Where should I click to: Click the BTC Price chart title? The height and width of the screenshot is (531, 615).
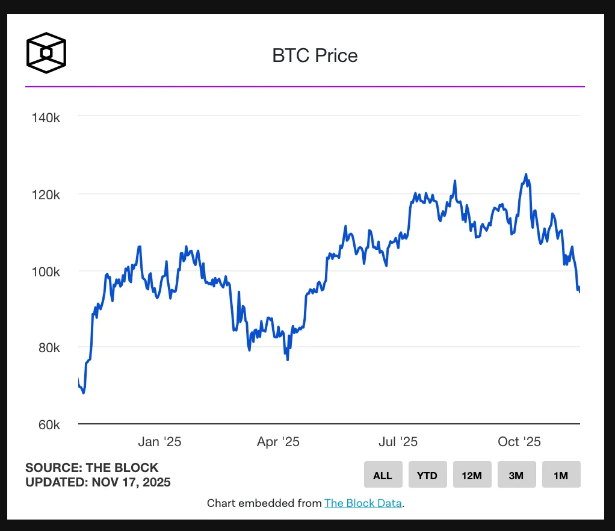[315, 56]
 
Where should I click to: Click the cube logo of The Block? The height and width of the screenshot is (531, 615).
[46, 53]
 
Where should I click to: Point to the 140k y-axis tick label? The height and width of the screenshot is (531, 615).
[46, 117]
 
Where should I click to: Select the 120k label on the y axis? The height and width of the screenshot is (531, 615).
[46, 194]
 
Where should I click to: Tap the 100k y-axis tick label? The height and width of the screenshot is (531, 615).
[46, 272]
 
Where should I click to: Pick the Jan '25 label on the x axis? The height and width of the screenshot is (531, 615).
[159, 442]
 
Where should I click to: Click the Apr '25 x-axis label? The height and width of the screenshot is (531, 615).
[278, 442]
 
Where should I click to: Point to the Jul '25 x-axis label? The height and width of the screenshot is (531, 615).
[398, 442]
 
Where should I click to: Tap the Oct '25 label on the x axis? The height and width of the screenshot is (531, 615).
[519, 442]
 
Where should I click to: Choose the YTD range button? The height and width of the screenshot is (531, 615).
[427, 475]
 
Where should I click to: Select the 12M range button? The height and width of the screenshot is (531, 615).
[472, 475]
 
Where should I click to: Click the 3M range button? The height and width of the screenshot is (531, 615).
[516, 475]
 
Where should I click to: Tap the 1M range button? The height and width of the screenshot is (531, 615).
[561, 475]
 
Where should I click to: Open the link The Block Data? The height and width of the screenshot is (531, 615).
[363, 503]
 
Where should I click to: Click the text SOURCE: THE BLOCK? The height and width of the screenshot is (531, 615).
[92, 467]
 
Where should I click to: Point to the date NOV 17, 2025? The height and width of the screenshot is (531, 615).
[131, 482]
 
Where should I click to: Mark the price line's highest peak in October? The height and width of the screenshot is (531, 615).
[526, 175]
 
